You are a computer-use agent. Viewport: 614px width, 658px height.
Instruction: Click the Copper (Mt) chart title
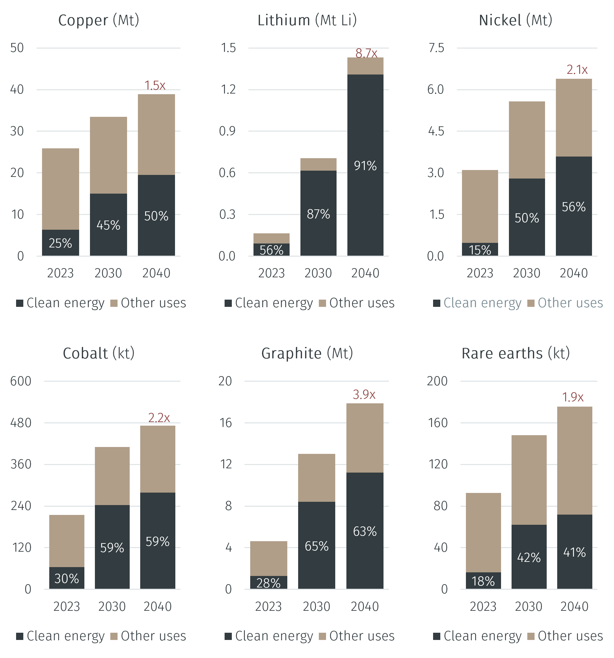point(99,21)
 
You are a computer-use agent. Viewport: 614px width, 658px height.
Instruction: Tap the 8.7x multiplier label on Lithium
point(366,53)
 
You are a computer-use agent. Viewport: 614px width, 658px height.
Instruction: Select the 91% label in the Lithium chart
point(365,166)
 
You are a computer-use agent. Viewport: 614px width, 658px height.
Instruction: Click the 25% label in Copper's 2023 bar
point(60,243)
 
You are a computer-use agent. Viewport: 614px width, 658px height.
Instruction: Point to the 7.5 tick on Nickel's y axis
point(436,48)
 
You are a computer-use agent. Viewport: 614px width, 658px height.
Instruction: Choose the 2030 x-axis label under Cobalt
point(112,606)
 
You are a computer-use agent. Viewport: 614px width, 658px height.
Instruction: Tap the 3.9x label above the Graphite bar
point(364,394)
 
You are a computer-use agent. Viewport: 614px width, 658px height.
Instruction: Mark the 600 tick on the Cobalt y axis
point(21,381)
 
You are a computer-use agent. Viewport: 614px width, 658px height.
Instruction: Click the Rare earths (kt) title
point(515,353)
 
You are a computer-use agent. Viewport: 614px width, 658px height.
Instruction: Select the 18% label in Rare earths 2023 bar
point(483,581)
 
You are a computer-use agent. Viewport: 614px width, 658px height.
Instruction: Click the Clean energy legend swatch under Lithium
point(228,303)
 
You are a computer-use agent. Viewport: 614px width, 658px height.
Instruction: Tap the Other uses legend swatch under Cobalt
point(114,636)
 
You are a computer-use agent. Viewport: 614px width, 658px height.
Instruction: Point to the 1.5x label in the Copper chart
point(155,85)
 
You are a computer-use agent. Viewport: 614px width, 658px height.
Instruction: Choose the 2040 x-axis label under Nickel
point(574,273)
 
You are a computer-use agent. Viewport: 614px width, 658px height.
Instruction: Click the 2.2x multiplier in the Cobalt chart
point(159,418)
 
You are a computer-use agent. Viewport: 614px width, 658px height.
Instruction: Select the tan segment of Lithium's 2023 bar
point(271,238)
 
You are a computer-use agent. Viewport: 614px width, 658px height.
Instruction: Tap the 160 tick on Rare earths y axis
point(438,423)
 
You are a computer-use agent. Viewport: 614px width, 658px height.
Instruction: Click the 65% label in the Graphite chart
point(317,546)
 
